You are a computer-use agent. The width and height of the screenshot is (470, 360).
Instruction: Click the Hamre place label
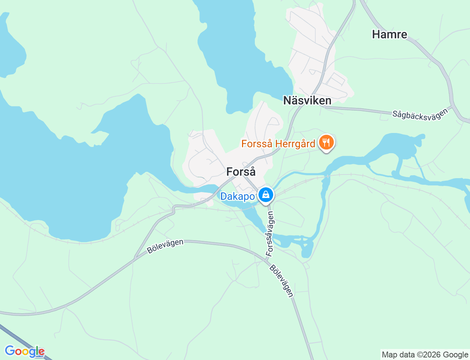tap(390, 35)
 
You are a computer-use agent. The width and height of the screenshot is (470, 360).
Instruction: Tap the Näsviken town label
tap(307, 101)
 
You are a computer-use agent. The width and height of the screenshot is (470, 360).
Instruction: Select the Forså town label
tap(241, 172)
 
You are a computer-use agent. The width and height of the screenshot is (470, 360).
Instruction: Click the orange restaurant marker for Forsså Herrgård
tap(326, 143)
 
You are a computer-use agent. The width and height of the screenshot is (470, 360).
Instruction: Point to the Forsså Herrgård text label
tap(278, 144)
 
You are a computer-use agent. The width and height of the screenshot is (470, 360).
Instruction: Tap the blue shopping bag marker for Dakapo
tap(265, 195)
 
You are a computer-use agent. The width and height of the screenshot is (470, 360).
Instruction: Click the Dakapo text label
tap(238, 197)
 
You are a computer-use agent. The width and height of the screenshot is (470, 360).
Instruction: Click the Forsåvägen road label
tap(270, 234)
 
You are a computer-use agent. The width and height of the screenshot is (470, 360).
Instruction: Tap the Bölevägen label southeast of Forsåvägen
tap(282, 281)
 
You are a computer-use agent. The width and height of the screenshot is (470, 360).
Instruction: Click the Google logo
tap(25, 351)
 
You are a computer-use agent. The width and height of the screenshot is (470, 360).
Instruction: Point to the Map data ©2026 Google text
tap(425, 354)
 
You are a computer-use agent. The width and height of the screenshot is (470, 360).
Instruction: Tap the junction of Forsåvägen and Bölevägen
tap(267, 260)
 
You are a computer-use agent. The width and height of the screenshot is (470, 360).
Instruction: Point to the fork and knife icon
tap(326, 142)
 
